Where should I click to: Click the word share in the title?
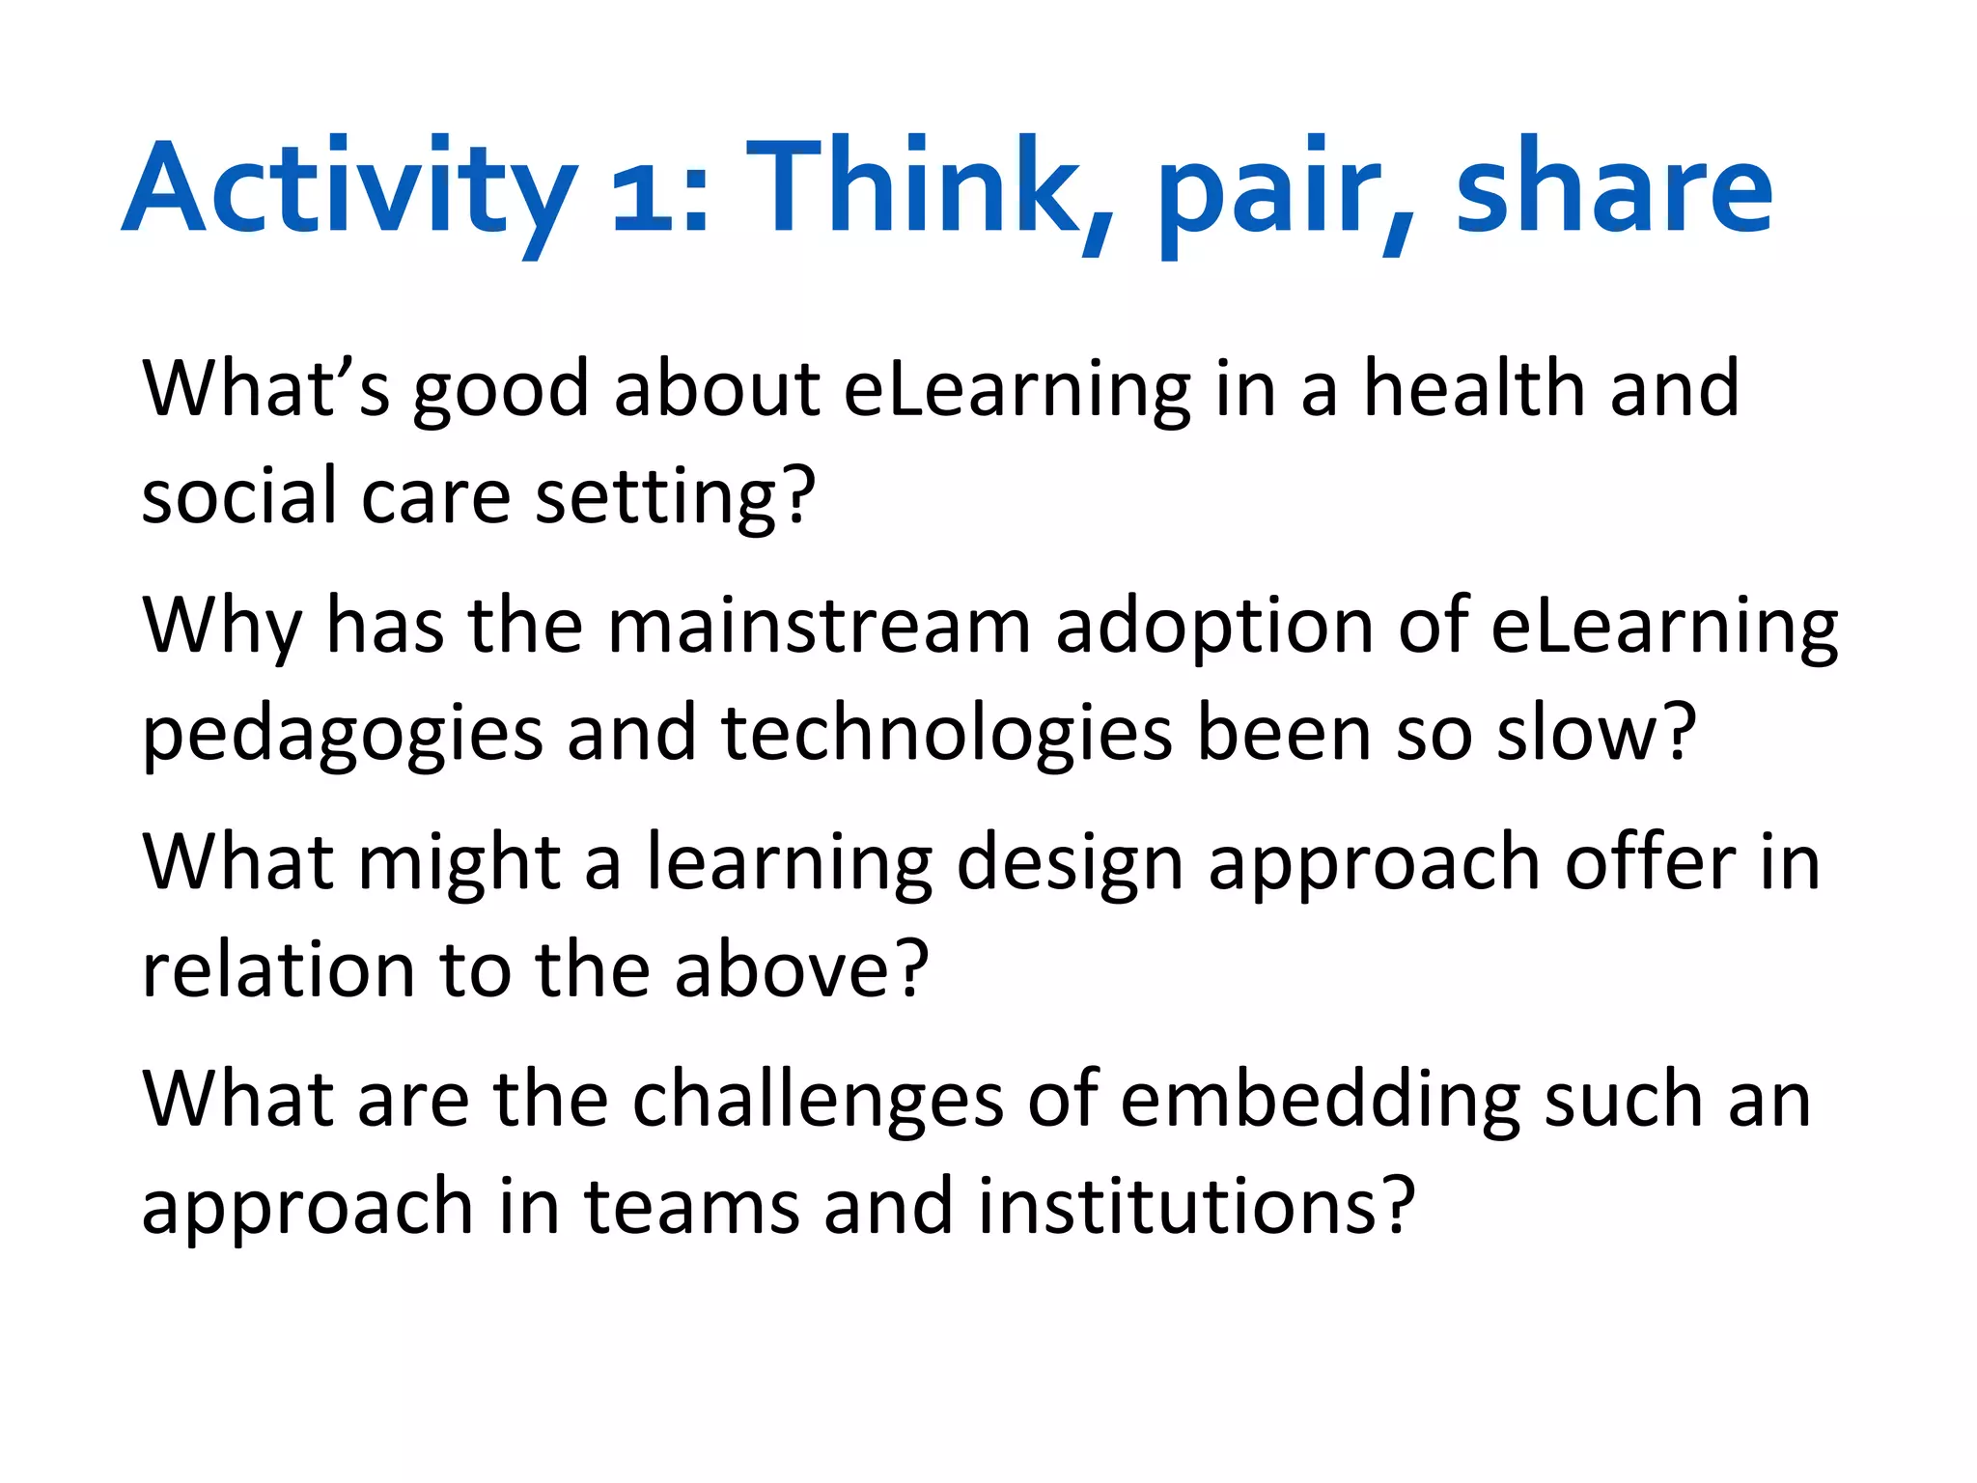tap(1613, 188)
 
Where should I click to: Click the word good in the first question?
tap(501, 391)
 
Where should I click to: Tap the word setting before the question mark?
tap(655, 498)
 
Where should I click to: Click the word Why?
tap(222, 628)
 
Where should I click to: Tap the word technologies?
tap(946, 734)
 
